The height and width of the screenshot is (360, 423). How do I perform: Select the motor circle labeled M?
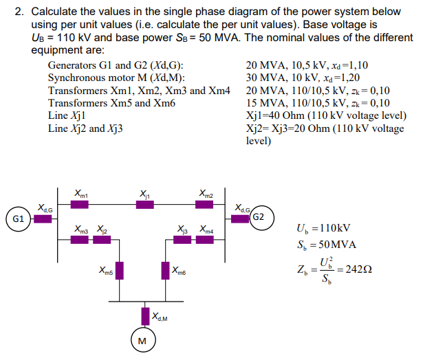tap(142, 341)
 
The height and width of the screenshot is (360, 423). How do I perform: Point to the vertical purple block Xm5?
tap(118, 270)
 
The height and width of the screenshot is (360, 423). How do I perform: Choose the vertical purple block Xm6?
tap(166, 270)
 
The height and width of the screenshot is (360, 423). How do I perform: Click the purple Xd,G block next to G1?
tap(43, 219)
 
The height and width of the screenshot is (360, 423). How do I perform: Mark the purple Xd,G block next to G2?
tap(240, 219)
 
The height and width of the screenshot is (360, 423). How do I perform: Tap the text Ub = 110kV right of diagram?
tap(323, 228)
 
